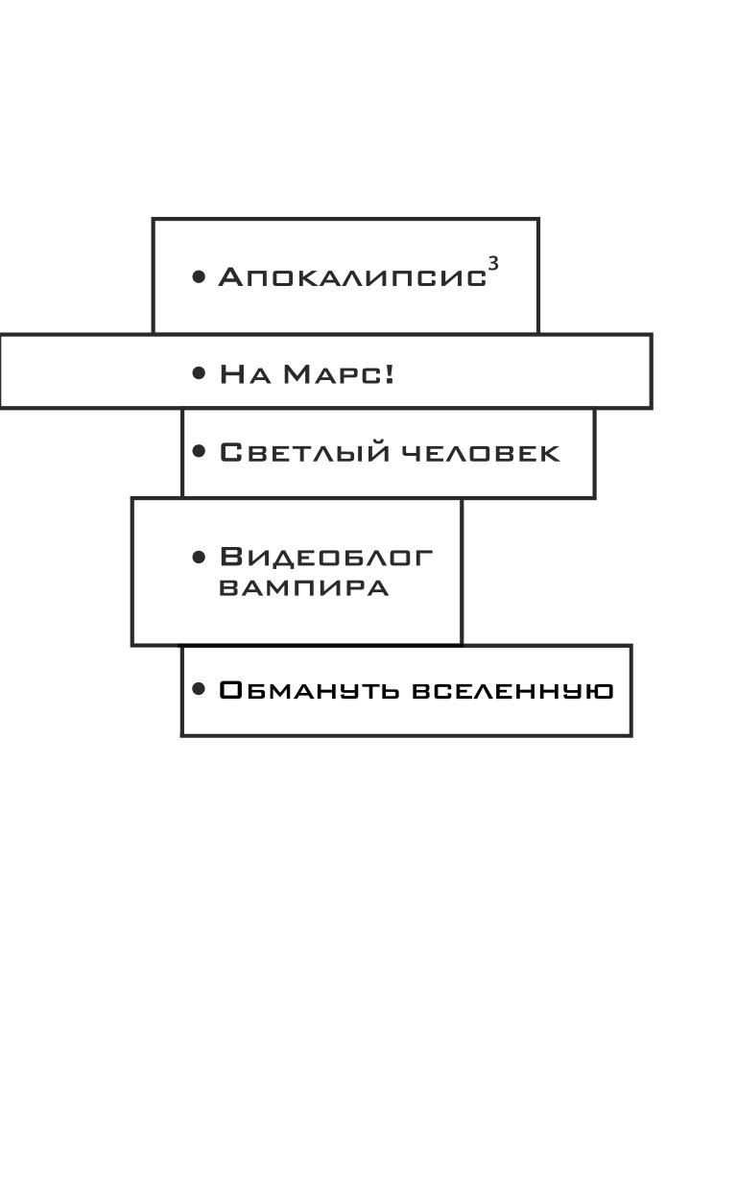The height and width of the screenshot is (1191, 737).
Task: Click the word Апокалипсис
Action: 352,277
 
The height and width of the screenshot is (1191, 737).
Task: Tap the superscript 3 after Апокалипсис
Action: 493,264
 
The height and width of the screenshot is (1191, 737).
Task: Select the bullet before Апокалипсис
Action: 199,276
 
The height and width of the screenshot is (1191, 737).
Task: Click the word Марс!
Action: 339,373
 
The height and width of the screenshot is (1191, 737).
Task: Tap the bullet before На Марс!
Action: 199,373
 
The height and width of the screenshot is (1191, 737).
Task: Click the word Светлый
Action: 305,452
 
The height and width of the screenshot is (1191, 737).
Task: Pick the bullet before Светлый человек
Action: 199,451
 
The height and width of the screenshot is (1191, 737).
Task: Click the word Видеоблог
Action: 326,558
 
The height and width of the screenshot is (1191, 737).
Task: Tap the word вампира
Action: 303,588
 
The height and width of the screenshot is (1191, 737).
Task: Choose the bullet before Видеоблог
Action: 199,558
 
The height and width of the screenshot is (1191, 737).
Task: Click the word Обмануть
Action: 308,690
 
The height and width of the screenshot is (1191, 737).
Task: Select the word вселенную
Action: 512,691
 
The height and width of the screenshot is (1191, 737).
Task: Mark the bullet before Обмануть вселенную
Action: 199,690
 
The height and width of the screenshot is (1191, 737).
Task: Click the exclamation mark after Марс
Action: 390,373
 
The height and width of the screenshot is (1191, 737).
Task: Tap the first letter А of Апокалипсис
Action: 230,277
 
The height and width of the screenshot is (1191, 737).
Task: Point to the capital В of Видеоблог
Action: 232,557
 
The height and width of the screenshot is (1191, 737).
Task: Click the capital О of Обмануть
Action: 232,690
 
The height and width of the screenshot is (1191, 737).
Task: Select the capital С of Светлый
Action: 231,452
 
